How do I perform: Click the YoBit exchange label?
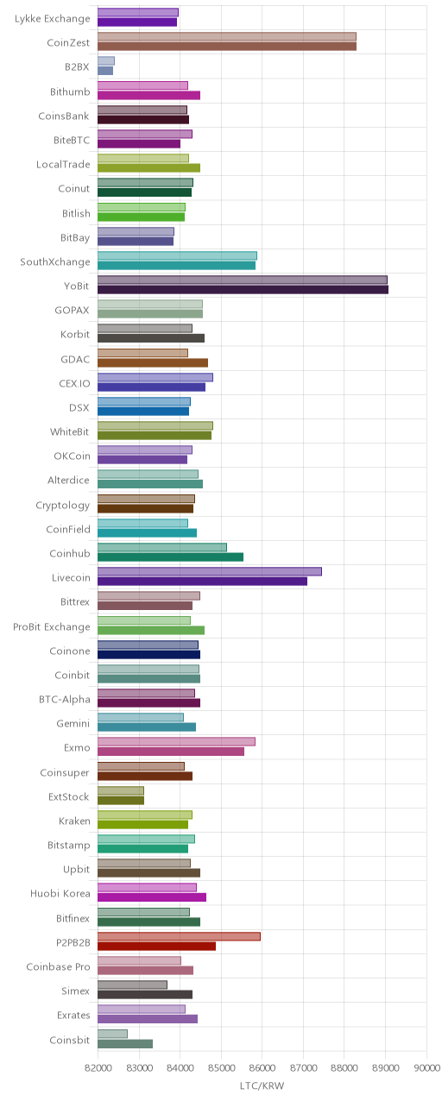[76, 286]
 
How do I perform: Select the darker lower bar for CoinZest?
[227, 47]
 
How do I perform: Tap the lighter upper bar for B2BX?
[105, 61]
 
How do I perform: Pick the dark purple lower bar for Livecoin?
[202, 582]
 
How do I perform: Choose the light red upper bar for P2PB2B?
[179, 937]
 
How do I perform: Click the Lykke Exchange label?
[53, 19]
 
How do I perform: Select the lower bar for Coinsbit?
[125, 1043]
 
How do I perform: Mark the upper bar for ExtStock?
[121, 791]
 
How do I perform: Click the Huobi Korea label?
[60, 894]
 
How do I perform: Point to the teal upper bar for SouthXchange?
[177, 255]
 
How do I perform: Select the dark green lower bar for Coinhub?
[170, 557]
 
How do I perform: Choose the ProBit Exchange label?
[52, 627]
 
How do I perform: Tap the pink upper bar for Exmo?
[176, 742]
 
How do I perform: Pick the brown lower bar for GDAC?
[153, 362]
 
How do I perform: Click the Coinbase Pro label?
[58, 966]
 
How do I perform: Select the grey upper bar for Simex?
[132, 985]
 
